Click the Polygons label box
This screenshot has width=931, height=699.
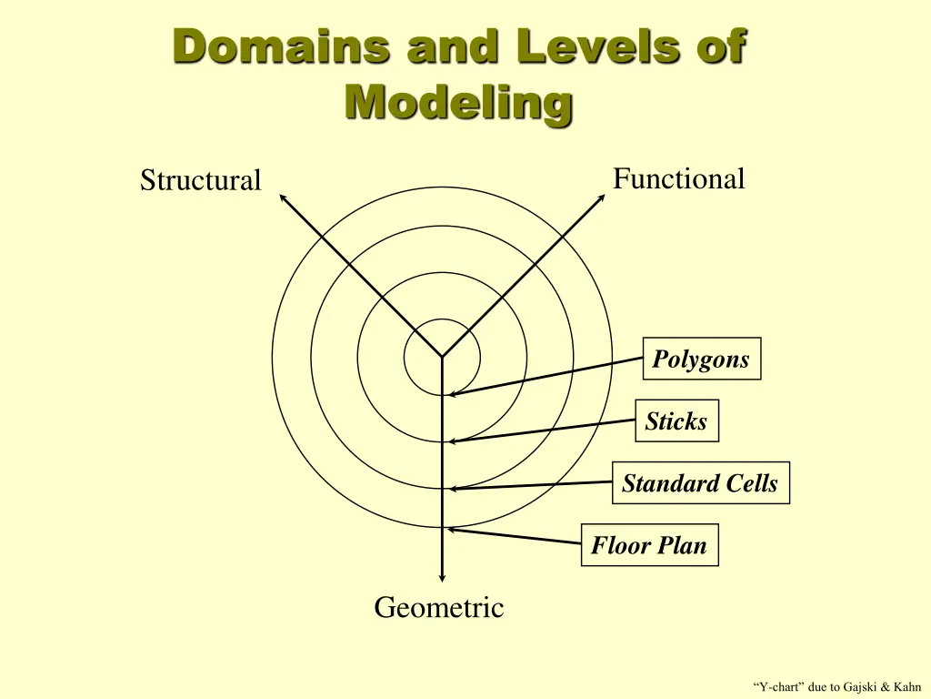tap(701, 359)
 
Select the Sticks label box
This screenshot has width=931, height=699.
tap(676, 420)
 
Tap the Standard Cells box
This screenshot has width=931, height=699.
tap(700, 482)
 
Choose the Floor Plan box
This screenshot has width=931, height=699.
tap(649, 545)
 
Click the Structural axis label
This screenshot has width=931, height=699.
tap(200, 180)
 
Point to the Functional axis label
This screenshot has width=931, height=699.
tap(678, 178)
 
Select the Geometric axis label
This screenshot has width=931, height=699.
tap(438, 607)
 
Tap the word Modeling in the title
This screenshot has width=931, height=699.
tap(459, 102)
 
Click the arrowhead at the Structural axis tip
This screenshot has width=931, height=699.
tap(282, 197)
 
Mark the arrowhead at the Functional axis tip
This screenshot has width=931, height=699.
tap(601, 198)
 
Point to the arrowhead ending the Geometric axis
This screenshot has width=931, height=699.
tap(442, 577)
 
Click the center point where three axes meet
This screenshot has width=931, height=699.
tap(442, 356)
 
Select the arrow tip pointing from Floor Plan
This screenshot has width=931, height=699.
tap(449, 529)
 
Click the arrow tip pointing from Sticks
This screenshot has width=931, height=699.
tap(451, 441)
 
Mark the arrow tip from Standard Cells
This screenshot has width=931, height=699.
tap(451, 489)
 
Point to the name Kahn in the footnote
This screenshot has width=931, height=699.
tap(906, 686)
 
